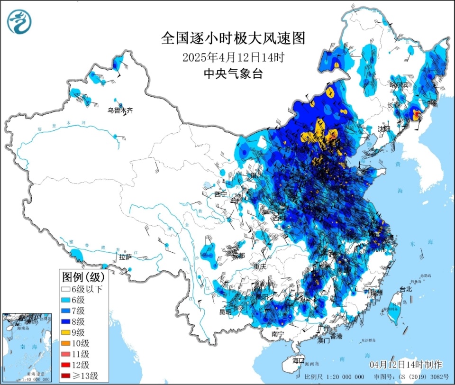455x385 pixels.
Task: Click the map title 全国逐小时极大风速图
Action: pos(232,38)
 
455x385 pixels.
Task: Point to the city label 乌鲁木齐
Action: pos(120,110)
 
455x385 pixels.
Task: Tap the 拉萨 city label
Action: pos(125,257)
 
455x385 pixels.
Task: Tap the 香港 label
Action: pos(336,336)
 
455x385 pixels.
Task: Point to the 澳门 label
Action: pos(324,340)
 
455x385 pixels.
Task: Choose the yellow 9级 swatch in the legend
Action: pos(65,332)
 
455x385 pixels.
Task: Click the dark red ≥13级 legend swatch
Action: pos(65,376)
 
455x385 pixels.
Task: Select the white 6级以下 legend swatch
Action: pos(65,289)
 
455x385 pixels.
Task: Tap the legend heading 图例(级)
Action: pos(82,276)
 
